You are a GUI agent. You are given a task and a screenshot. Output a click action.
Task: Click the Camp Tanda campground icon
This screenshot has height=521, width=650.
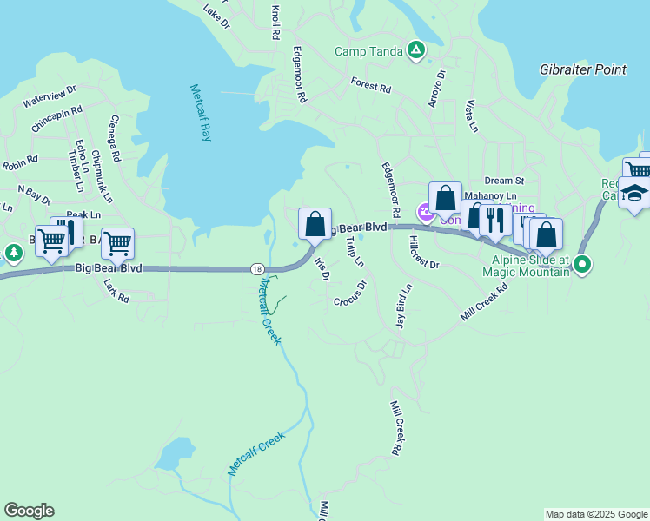click(416, 50)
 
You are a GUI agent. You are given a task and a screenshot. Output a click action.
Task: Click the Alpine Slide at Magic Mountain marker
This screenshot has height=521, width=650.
click(582, 264)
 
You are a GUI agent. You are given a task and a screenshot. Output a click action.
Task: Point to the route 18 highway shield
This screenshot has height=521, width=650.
click(255, 268)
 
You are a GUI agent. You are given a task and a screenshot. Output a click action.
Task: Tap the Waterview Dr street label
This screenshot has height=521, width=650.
click(50, 96)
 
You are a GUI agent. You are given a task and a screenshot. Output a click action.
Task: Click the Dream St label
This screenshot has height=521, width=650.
click(504, 181)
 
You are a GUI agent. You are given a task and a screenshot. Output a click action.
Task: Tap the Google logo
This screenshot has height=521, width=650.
click(29, 511)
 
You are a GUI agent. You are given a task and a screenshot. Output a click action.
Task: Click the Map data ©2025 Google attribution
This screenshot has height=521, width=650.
click(595, 514)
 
